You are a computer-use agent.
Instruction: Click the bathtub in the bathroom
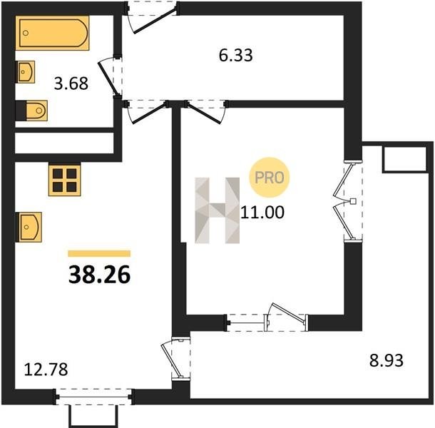53,33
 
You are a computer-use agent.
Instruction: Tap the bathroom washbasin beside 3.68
26,72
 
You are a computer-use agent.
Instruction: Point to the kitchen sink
29,227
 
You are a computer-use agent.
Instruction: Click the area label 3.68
71,83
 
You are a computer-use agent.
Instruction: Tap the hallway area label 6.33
236,55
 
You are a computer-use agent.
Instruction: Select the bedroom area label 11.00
262,213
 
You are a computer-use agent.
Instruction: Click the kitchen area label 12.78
46,370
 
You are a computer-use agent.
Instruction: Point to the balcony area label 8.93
387,361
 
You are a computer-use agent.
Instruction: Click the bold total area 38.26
99,275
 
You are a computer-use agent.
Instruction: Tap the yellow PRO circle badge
270,178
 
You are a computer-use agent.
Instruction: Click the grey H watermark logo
217,210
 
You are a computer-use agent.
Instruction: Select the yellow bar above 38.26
99,253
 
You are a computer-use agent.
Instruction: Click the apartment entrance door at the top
152,17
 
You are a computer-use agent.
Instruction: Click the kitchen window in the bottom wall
94,397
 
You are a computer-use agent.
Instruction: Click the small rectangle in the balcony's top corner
404,159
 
